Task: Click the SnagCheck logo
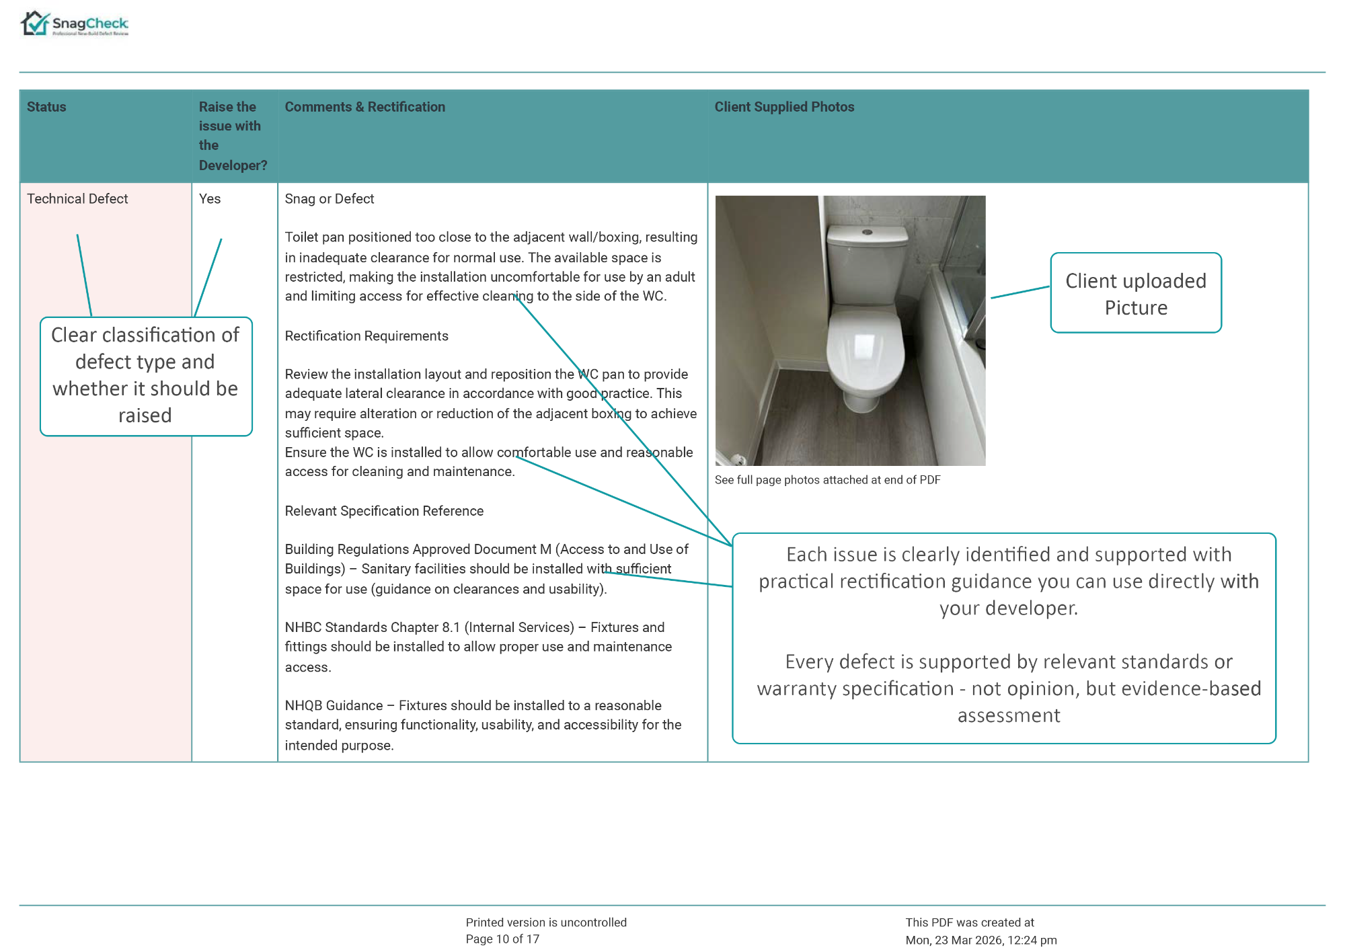74,24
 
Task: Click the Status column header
46,107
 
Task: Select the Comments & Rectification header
364,107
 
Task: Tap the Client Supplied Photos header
784,107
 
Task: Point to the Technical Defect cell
77,199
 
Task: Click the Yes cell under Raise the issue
210,199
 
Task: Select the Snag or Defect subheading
329,199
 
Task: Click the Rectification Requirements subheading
367,336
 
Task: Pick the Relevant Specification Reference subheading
384,511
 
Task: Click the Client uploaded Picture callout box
1136,293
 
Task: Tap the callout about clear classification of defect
145,376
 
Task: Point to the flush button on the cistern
868,233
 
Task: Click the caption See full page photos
827,480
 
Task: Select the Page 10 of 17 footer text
502,939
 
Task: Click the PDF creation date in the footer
981,940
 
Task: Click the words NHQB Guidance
334,705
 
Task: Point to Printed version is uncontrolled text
546,922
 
